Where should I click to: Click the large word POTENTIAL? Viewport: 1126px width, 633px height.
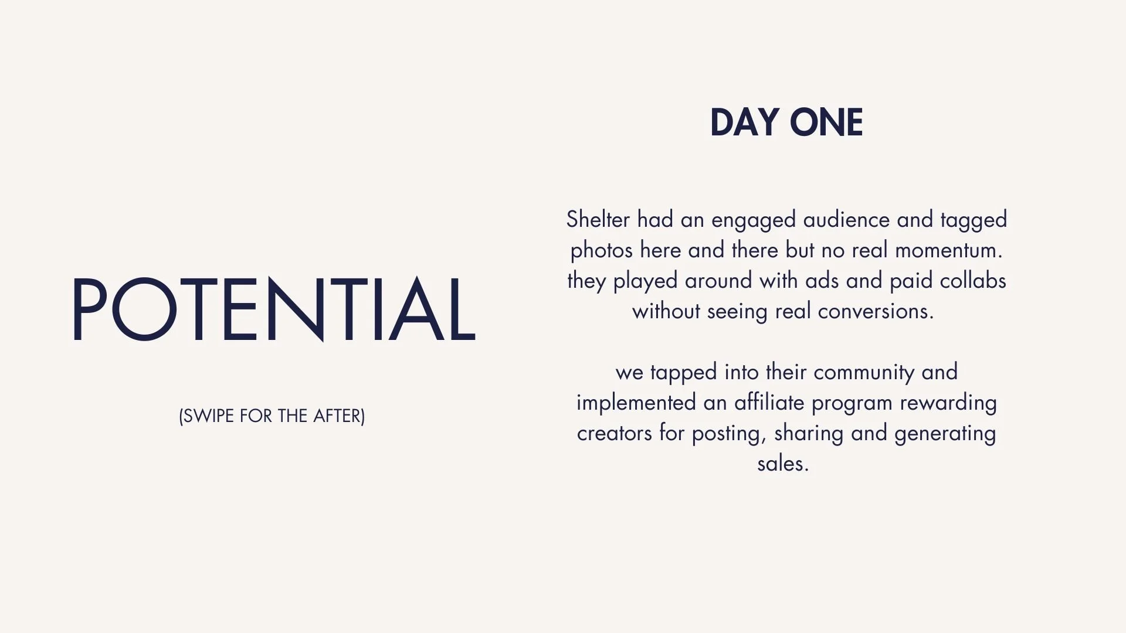click(273, 309)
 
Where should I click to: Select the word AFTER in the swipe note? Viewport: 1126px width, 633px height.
click(338, 416)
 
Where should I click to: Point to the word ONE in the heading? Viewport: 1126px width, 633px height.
click(826, 123)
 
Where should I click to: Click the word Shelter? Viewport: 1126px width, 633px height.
click(598, 220)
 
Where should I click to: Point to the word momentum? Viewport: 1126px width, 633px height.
click(948, 250)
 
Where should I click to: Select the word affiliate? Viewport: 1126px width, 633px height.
click(769, 403)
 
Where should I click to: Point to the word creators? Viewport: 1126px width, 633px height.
click(614, 434)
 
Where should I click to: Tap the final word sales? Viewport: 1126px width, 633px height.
click(782, 464)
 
